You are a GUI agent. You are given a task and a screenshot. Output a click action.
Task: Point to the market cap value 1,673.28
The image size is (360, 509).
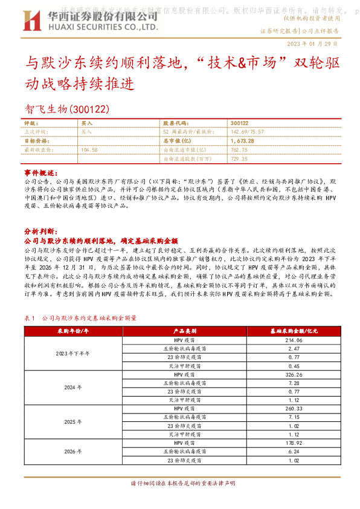point(242,140)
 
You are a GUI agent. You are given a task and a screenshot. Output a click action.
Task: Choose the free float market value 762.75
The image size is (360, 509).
point(240,149)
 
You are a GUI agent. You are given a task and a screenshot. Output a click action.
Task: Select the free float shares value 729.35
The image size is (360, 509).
point(240,158)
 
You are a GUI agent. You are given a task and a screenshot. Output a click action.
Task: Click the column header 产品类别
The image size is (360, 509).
point(182,331)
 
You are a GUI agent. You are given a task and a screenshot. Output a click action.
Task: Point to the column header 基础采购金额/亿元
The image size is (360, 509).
point(294,331)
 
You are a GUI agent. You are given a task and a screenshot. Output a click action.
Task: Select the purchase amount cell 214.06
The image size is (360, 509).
point(294,341)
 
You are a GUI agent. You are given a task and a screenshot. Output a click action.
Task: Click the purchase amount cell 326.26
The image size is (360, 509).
point(294,375)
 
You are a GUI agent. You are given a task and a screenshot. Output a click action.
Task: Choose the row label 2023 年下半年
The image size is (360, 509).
point(72,353)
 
